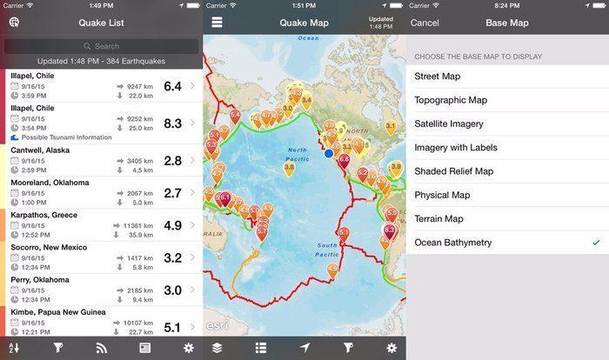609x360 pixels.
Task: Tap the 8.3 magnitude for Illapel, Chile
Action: [172, 123]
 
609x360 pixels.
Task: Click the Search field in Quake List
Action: [102, 46]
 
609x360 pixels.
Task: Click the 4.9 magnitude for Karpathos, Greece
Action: [172, 225]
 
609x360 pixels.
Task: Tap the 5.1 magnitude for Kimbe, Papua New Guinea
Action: [172, 327]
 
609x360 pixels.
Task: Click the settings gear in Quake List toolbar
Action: [189, 348]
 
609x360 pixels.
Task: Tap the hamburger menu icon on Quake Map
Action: [217, 22]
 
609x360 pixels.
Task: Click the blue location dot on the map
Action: [329, 153]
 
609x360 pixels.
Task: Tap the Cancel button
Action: [425, 22]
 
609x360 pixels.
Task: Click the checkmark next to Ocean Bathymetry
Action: [595, 242]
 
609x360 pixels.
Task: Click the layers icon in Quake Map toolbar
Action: [217, 348]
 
